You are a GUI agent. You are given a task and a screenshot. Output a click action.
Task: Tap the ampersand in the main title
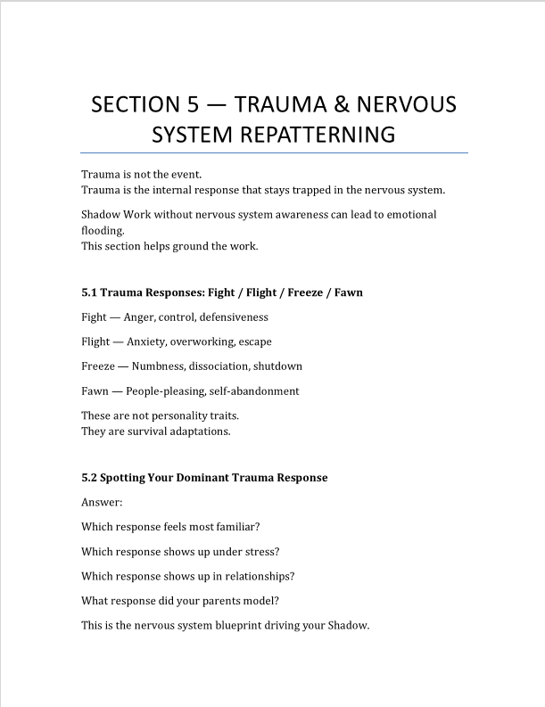(x=343, y=104)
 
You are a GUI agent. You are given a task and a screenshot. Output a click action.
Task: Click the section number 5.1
(x=90, y=292)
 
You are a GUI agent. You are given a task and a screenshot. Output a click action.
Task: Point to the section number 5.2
(x=90, y=478)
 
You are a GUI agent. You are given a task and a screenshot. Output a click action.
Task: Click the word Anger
(x=141, y=317)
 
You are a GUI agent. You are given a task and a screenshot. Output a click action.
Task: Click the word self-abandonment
(x=257, y=391)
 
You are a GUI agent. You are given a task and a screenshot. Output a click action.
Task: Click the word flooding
(x=102, y=230)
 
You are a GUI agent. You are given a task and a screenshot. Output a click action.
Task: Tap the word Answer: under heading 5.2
(x=101, y=502)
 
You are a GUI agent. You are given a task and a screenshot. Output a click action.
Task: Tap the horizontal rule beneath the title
(x=274, y=153)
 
